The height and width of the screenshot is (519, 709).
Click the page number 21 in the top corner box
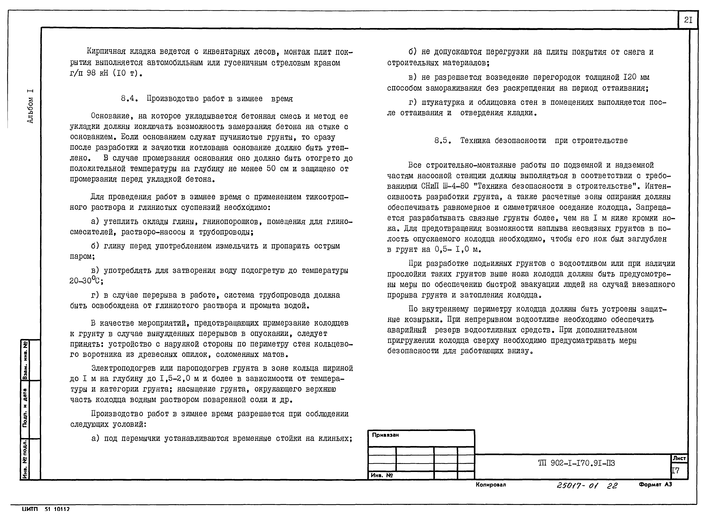tap(688, 20)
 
